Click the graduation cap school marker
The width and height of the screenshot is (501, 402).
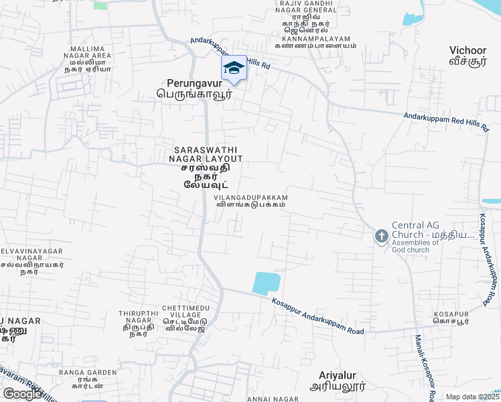[x=234, y=68]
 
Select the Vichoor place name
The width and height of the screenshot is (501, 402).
[x=468, y=55]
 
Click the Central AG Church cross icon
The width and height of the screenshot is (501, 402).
[x=381, y=236]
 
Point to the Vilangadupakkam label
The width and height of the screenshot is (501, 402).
[x=250, y=202]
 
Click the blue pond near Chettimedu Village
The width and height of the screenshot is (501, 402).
[x=266, y=283]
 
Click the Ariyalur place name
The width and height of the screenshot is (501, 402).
[x=338, y=381]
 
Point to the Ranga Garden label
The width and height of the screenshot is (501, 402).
[x=87, y=377]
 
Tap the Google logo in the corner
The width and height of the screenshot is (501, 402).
[x=23, y=394]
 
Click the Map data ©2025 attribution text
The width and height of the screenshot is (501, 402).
[x=472, y=397]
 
